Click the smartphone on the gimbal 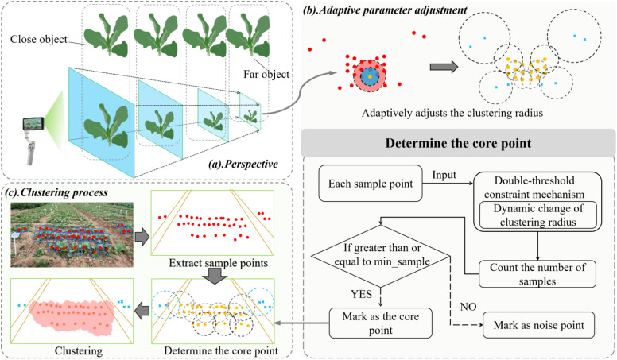click(33, 124)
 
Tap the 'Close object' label click(39, 39)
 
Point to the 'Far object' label click(266, 74)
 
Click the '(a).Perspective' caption click(243, 164)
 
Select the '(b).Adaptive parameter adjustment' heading click(385, 10)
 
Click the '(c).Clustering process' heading click(56, 192)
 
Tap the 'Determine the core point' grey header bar click(458, 143)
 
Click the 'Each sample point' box click(371, 184)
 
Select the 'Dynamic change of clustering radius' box click(538, 215)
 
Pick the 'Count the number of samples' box click(537, 274)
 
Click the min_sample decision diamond click(382, 256)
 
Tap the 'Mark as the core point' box click(381, 323)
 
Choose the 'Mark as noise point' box click(539, 325)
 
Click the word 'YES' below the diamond click(361, 294)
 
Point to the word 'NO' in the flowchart click(468, 306)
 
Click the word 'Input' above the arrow click(444, 175)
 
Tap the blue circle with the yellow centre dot click(370, 76)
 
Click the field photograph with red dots click(72, 235)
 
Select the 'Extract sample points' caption click(219, 263)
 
